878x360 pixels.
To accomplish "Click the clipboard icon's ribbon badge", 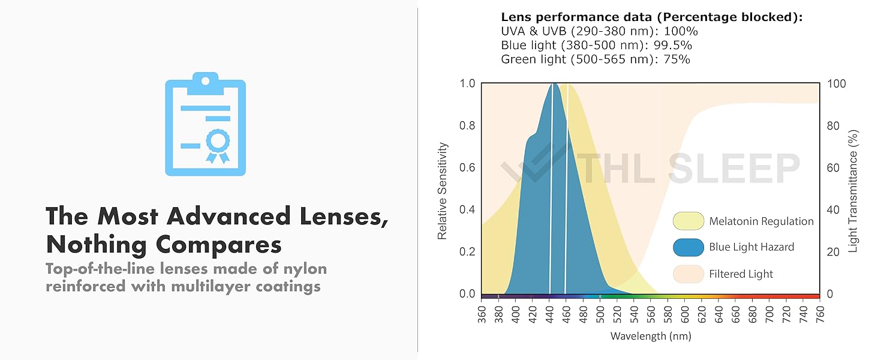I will tap(217, 144).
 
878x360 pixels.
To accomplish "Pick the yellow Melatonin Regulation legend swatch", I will tap(688, 221).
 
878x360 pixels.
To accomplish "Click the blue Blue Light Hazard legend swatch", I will tap(688, 247).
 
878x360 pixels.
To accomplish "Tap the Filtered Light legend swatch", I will tap(688, 274).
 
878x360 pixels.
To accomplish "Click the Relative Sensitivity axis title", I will tap(443, 191).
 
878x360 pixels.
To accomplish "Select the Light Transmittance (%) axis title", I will tap(853, 191).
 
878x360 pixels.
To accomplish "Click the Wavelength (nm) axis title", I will tap(651, 336).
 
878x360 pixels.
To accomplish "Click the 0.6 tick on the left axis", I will tap(467, 168).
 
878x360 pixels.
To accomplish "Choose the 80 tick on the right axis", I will tap(833, 126).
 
